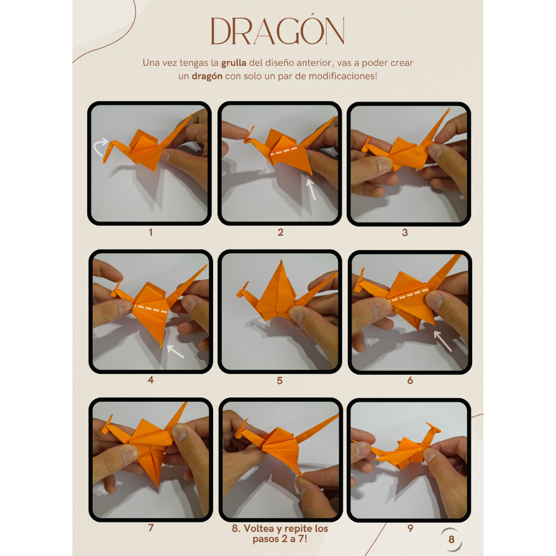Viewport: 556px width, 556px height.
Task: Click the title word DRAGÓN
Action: coord(277,31)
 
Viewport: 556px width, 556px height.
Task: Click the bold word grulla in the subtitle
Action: coord(234,63)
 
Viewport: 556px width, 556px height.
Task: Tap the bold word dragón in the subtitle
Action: coord(207,76)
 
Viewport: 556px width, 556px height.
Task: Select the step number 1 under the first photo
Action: coord(151,232)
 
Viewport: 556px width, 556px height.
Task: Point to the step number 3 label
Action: coord(405,233)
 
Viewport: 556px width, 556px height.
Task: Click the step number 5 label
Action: coord(280,381)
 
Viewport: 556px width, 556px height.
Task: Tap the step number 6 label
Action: coord(410,380)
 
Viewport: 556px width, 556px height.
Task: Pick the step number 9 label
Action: coord(410,528)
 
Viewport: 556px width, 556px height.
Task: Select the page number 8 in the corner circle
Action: coord(451,540)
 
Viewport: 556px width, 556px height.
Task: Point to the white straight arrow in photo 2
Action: coord(311,189)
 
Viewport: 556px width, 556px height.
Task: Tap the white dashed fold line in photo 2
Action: coord(284,151)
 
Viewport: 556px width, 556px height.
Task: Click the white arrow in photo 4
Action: coord(175,352)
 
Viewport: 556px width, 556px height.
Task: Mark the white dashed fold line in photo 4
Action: coord(151,308)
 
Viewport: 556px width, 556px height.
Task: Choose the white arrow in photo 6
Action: coord(443,341)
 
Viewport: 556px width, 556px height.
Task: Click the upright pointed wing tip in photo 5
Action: coord(281,262)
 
